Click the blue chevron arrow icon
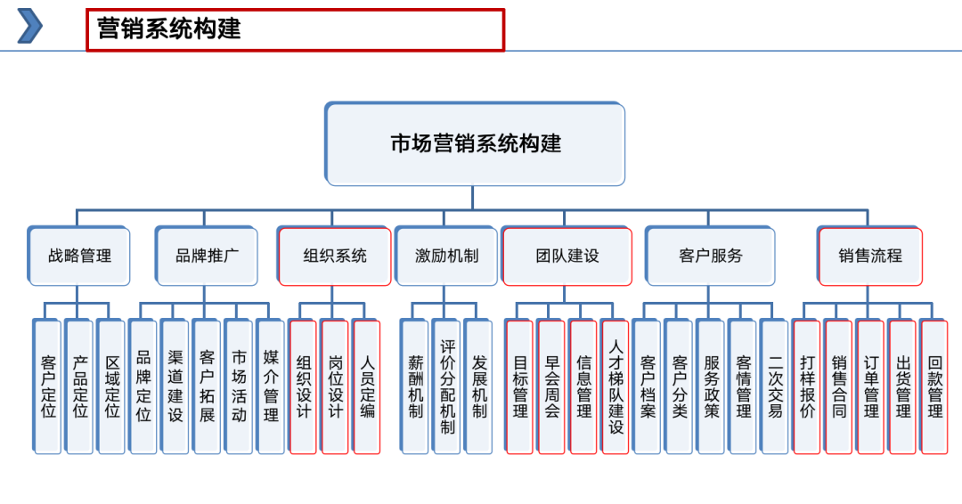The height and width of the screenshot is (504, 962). (x=30, y=26)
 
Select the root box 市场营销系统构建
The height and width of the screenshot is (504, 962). (x=475, y=143)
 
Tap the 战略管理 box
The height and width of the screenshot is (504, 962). (x=79, y=256)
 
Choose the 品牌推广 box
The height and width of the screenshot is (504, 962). (x=207, y=256)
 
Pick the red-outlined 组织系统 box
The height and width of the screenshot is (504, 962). (x=334, y=256)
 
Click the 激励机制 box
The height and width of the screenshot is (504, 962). (x=446, y=256)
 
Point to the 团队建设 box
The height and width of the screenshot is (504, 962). (x=567, y=256)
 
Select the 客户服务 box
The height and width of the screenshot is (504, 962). (x=710, y=256)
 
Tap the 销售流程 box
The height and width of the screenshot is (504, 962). (x=869, y=256)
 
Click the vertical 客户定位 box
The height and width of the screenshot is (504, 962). (x=48, y=386)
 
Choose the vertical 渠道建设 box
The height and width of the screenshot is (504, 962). (x=175, y=386)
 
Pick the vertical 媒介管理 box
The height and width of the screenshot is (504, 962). (x=271, y=386)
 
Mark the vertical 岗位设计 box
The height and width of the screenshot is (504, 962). (x=335, y=386)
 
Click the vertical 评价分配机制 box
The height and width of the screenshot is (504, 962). (x=446, y=386)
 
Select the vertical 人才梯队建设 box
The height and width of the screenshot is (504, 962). (x=616, y=386)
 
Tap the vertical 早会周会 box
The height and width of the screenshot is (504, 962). (x=551, y=386)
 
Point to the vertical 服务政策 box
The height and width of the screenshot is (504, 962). (x=711, y=386)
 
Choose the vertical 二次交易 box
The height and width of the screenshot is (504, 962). (x=775, y=386)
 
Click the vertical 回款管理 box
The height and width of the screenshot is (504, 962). (x=934, y=386)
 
